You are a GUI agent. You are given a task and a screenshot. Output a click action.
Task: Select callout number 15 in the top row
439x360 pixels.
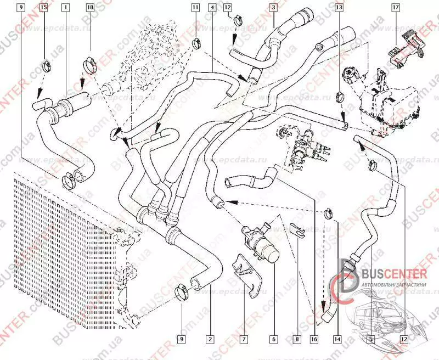pyautogui.click(x=43, y=8)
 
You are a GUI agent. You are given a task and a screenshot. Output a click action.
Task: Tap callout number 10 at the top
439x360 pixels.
pyautogui.click(x=90, y=8)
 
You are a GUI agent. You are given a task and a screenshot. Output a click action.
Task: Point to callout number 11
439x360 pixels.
pyautogui.click(x=195, y=8)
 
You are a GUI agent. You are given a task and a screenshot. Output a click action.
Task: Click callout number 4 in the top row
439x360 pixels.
pyautogui.click(x=212, y=8)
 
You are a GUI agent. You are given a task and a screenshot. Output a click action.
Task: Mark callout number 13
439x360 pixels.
pyautogui.click(x=339, y=8)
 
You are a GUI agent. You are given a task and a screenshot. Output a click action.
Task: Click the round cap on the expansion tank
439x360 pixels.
pyautogui.click(x=349, y=74)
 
